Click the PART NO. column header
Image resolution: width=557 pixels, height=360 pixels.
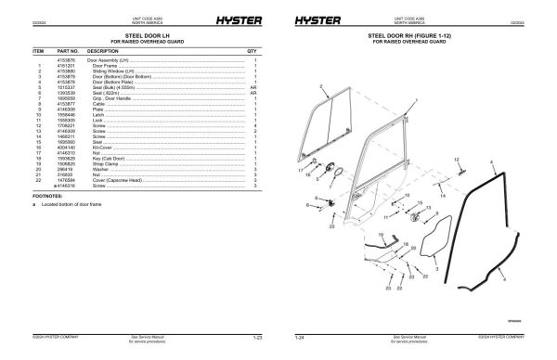pos(68,51)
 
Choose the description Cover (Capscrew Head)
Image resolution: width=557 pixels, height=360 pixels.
pos(118,180)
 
